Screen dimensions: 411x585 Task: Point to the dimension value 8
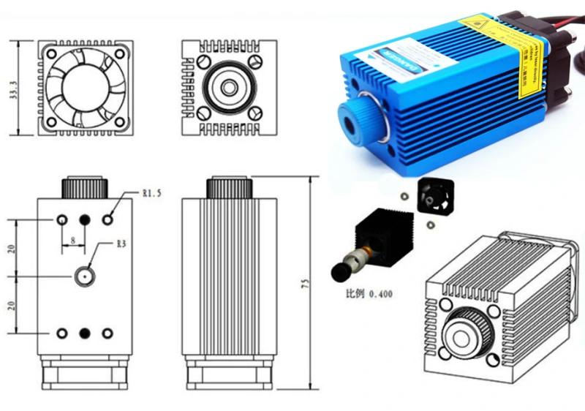[x=73, y=239]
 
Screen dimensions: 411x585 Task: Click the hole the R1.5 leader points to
[x=109, y=219]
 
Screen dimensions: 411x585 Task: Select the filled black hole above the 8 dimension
[x=84, y=219]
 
